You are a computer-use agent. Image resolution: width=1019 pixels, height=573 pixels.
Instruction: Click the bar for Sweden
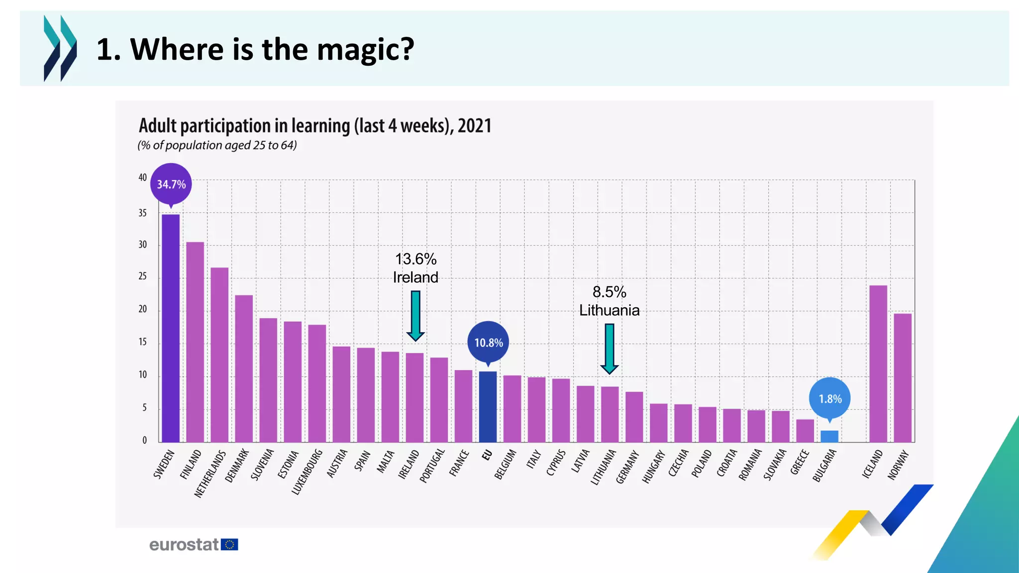click(x=171, y=328)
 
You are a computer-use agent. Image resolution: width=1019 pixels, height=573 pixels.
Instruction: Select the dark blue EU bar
click(x=488, y=407)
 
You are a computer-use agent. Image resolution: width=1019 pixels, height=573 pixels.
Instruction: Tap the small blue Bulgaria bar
click(x=829, y=437)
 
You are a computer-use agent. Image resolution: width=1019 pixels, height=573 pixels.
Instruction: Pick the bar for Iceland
click(x=878, y=364)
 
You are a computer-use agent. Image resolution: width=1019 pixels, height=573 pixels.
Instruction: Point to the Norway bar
click(x=903, y=378)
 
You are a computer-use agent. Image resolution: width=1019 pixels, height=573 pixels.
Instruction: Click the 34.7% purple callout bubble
click(x=171, y=184)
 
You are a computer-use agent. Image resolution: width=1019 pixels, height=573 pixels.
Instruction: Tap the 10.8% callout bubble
click(x=488, y=342)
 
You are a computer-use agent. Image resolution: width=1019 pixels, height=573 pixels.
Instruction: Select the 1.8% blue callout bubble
click(x=830, y=398)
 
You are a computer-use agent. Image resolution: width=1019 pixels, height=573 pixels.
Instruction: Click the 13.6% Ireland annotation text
click(x=415, y=268)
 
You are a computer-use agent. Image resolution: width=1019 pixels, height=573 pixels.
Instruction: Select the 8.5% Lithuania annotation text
click(x=609, y=301)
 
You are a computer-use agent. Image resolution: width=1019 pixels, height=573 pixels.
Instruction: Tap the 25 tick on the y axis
click(x=143, y=276)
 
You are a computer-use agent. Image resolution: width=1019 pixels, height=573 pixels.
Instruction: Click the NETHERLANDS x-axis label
click(x=210, y=474)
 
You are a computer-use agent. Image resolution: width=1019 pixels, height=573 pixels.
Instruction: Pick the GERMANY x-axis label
click(x=627, y=467)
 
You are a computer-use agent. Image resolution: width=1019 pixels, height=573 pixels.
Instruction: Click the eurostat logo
click(x=193, y=545)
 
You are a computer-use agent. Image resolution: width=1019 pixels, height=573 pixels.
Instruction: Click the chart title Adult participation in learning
click(x=314, y=126)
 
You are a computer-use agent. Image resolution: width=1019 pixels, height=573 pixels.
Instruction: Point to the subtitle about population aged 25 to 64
click(x=217, y=145)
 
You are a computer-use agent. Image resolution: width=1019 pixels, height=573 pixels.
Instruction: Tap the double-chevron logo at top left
click(x=60, y=48)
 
